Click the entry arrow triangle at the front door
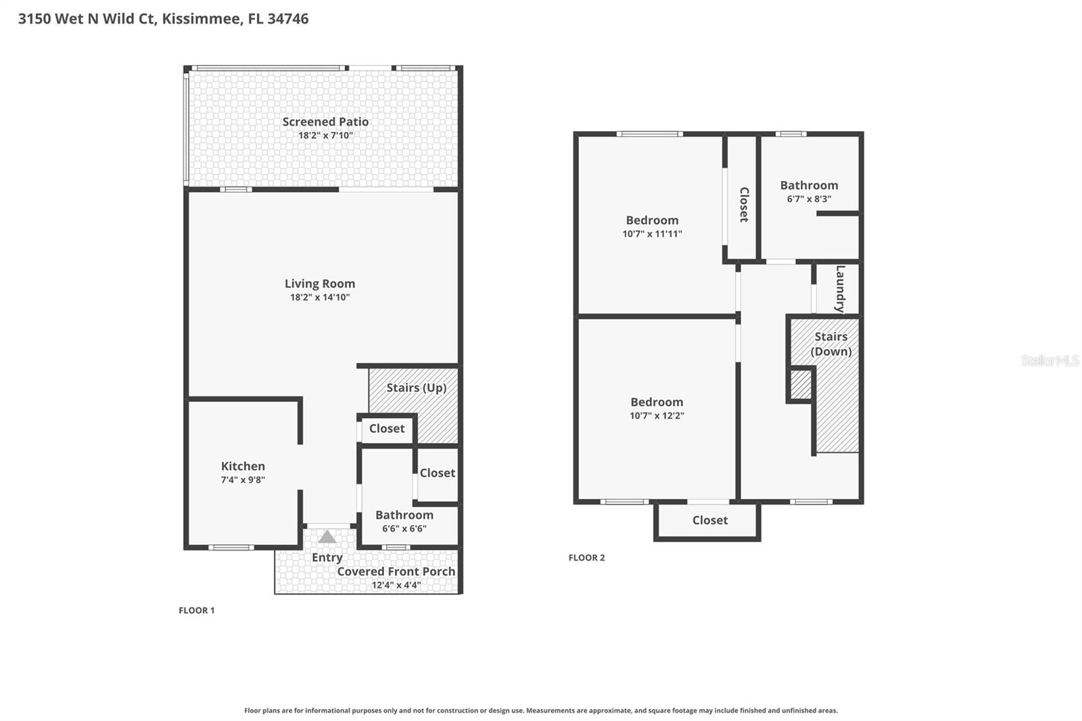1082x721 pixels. [327, 537]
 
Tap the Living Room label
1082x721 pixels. [320, 283]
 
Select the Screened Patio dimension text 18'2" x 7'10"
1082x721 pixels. [325, 135]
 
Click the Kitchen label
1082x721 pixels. [243, 466]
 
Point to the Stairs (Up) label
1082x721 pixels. [417, 388]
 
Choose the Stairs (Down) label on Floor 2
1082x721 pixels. [831, 344]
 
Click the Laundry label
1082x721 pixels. [841, 289]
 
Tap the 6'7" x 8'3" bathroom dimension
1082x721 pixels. [809, 199]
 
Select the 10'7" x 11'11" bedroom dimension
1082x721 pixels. [652, 234]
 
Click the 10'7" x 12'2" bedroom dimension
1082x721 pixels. [657, 415]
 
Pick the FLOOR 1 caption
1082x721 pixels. [197, 610]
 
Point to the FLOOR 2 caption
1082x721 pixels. [586, 558]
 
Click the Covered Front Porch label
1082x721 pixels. [396, 572]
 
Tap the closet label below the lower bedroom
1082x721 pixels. [709, 520]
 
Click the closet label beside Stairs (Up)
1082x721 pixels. [387, 429]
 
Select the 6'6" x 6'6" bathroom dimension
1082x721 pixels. [404, 529]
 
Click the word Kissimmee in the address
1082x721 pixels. [202, 18]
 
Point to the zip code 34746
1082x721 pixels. [288, 18]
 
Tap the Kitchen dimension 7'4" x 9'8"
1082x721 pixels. [243, 480]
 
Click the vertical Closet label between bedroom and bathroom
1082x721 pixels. [745, 205]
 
